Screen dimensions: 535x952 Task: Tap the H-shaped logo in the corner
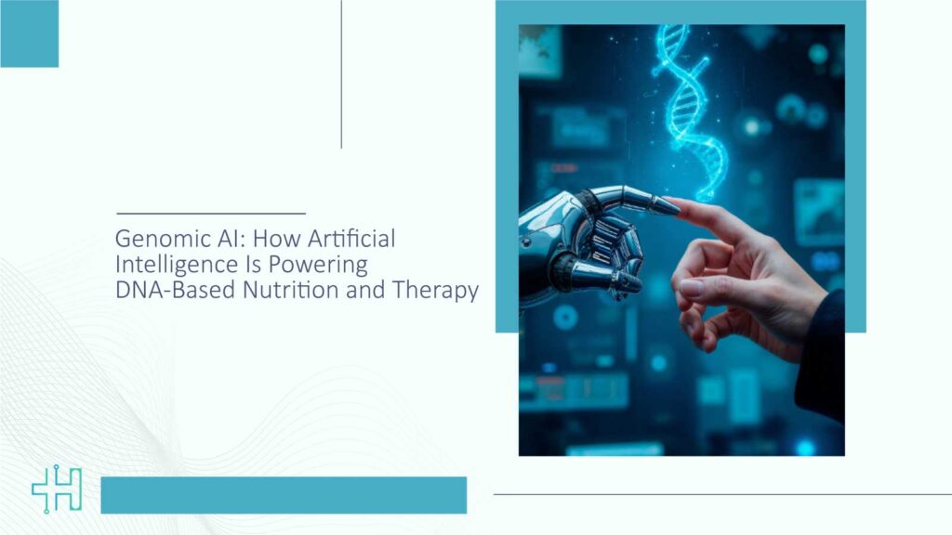click(x=57, y=490)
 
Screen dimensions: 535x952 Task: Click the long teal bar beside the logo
click(x=284, y=495)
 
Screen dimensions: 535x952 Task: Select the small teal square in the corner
click(x=29, y=33)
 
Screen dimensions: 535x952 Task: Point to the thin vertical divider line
click(x=341, y=74)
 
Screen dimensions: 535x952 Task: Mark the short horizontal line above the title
click(x=211, y=214)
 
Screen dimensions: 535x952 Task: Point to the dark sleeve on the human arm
click(x=822, y=362)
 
